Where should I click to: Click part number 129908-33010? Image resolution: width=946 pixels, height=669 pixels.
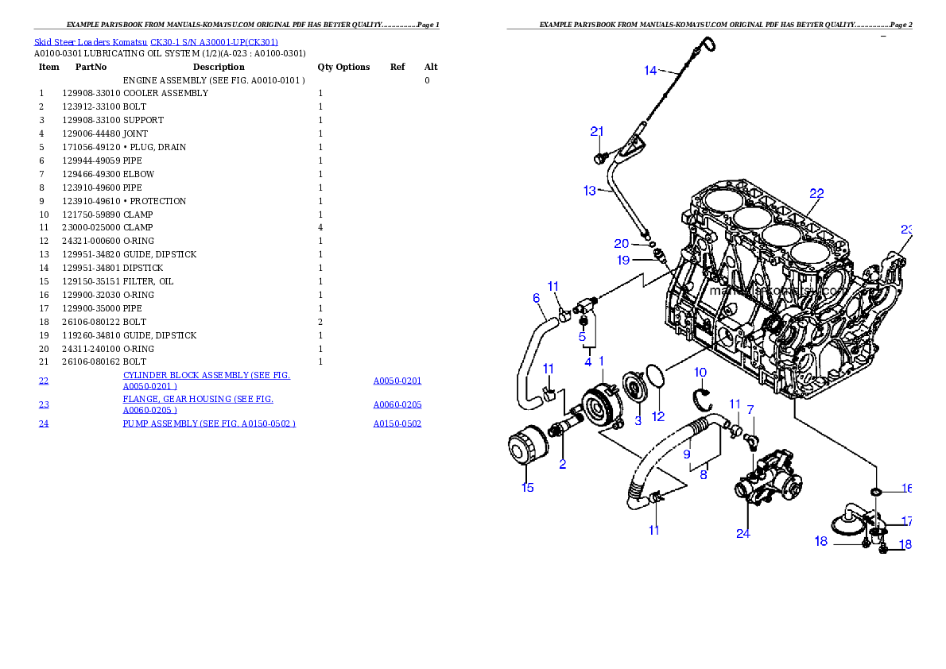91,93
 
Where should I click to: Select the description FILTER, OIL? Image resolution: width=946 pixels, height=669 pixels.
148,281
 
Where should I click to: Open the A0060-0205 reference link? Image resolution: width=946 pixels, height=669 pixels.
397,404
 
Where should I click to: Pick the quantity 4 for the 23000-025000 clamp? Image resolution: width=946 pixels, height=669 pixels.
320,227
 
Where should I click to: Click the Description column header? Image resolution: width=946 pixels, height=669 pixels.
219,67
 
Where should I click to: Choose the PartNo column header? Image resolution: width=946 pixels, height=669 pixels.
91,67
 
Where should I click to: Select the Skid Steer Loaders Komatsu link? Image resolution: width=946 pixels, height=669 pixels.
91,42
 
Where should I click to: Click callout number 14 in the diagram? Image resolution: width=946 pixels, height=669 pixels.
650,71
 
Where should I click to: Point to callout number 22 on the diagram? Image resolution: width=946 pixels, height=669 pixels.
816,194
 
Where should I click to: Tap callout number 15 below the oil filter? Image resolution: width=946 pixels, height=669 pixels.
527,487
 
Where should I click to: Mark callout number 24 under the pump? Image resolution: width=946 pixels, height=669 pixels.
742,533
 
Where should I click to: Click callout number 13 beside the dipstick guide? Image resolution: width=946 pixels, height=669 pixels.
589,191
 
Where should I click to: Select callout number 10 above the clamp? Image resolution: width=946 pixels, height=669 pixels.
700,372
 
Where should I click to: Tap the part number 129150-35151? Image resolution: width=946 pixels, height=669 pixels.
91,281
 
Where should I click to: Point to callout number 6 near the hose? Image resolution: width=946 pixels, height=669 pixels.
537,298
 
